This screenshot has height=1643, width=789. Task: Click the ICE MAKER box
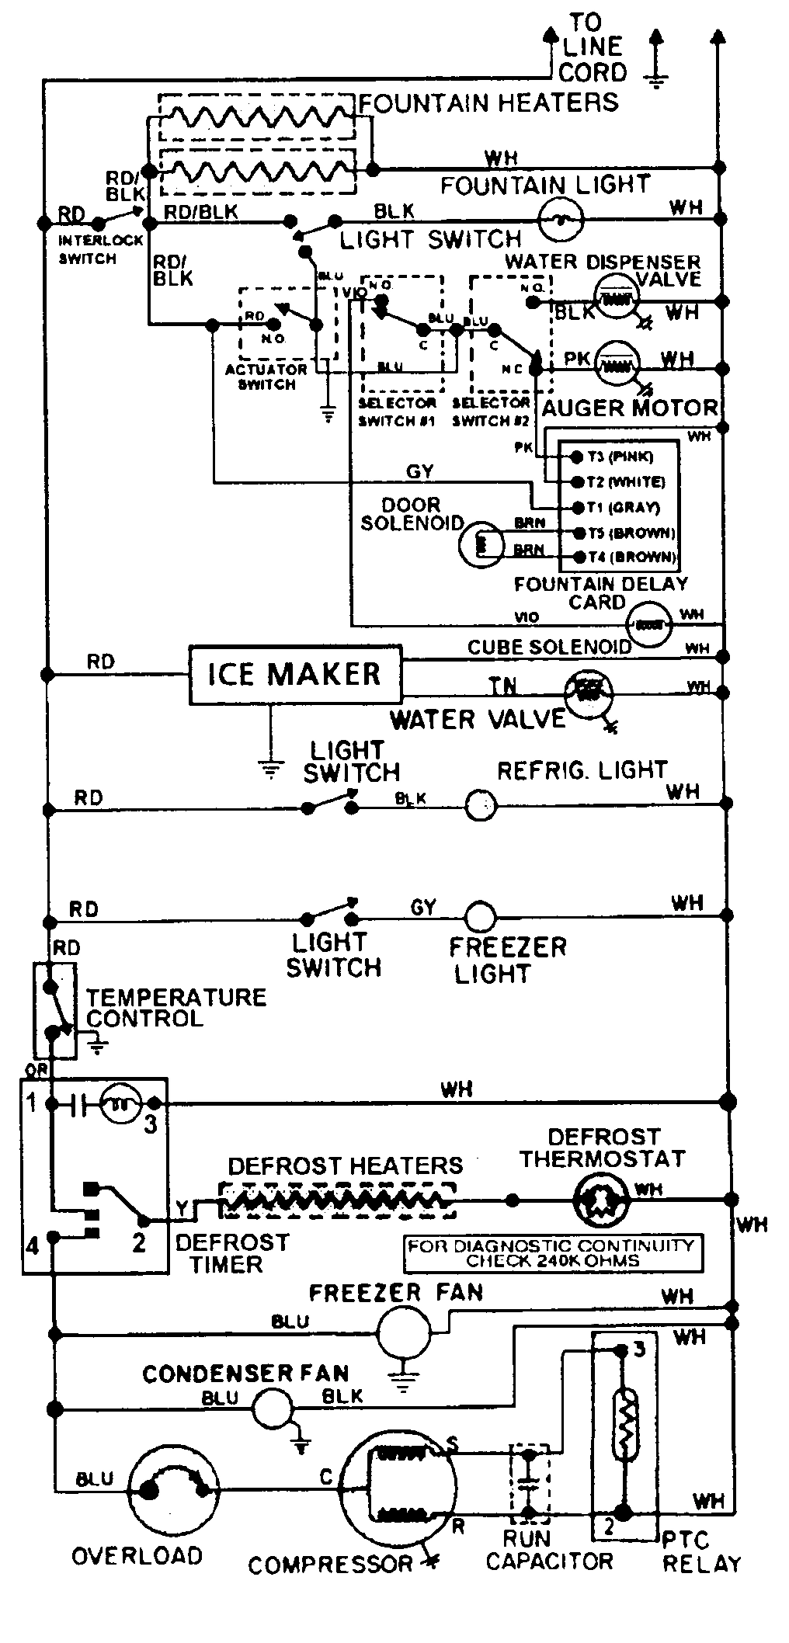(295, 674)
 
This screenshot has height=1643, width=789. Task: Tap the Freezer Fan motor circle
(403, 1332)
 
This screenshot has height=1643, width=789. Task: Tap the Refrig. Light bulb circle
(481, 805)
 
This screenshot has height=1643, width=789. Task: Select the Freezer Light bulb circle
(480, 917)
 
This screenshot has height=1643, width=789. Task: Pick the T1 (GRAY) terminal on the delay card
(578, 507)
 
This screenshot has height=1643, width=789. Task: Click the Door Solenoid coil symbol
(480, 544)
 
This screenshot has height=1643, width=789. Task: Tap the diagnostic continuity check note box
(553, 1252)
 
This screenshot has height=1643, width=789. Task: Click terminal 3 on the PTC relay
(638, 1349)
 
